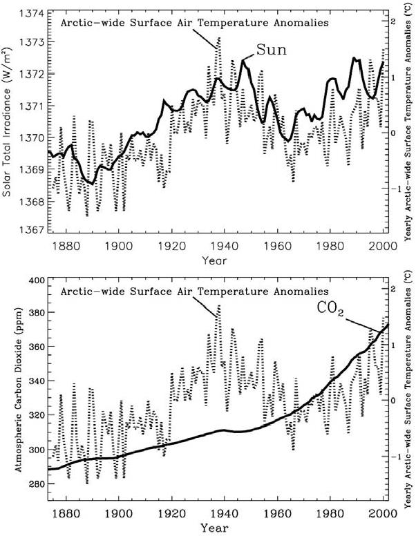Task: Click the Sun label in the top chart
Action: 271,50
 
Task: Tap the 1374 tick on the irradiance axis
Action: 32,14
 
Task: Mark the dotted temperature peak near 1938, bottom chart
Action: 219,305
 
